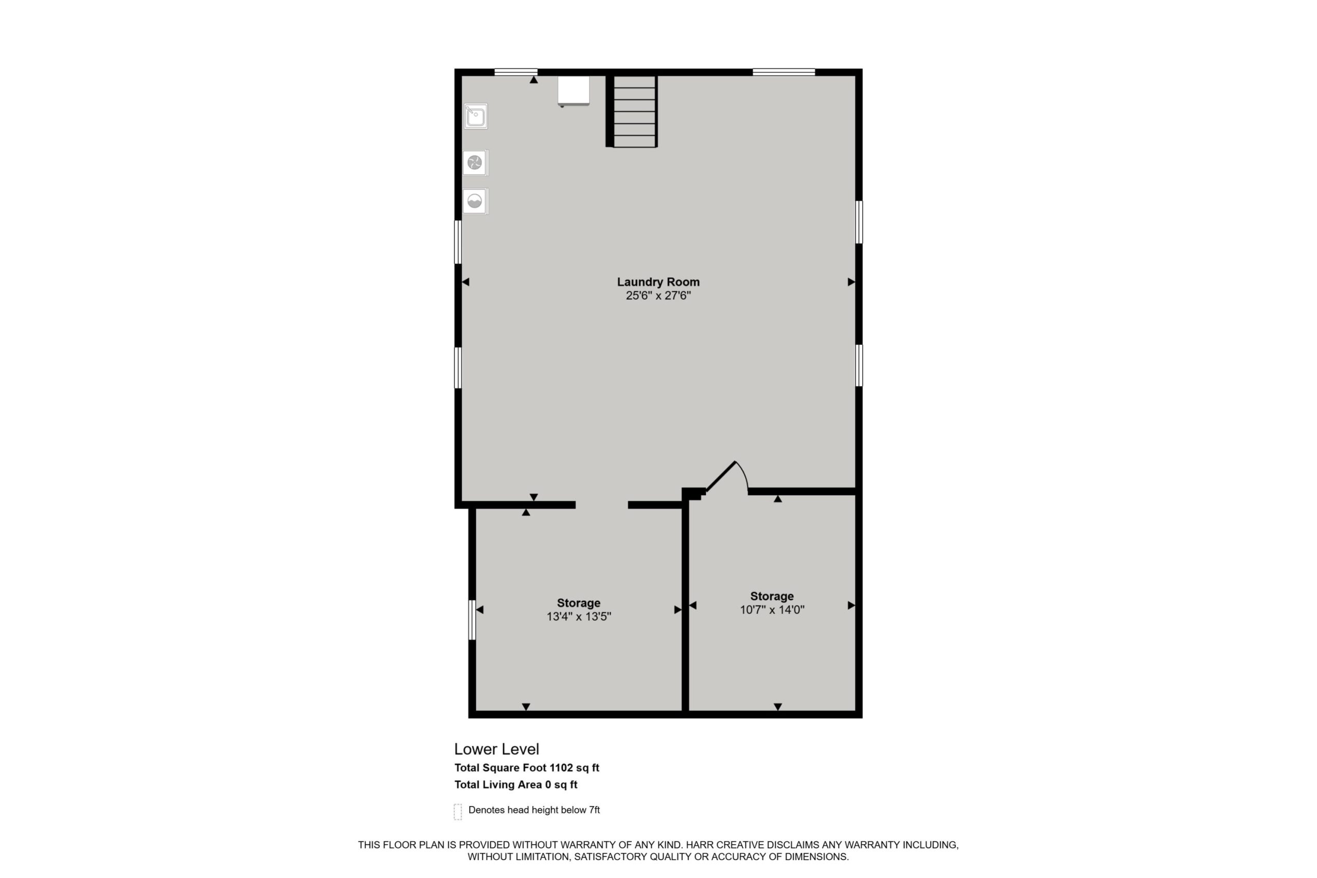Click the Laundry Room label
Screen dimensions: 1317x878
(x=658, y=282)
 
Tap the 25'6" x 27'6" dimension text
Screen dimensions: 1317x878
(x=658, y=296)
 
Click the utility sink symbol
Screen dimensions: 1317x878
(x=475, y=116)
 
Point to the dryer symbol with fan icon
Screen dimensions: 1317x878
(x=475, y=163)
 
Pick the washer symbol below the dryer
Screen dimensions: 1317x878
(x=475, y=201)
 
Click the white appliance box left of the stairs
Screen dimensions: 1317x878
(x=574, y=91)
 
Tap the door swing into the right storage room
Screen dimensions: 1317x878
(x=728, y=477)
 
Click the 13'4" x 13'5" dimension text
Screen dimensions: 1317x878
(x=578, y=617)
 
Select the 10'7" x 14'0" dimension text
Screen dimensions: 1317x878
(x=772, y=610)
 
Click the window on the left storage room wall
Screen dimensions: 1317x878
(x=472, y=620)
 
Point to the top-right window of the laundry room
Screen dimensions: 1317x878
(x=784, y=71)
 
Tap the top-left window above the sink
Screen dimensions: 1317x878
(x=515, y=71)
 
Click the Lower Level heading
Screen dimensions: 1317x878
(x=496, y=749)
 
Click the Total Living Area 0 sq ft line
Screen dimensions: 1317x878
(x=515, y=784)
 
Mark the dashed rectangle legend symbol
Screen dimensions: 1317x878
(x=458, y=812)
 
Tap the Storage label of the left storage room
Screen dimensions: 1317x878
(x=578, y=603)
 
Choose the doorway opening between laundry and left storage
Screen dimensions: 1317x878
(x=602, y=505)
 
